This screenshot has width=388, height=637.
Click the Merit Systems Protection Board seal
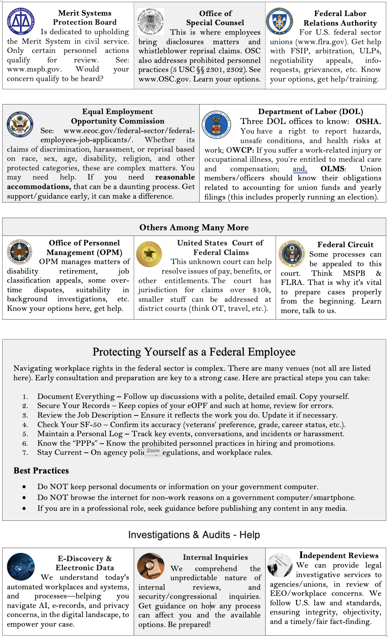coord(21,20)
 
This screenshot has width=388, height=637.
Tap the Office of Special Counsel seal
coord(151,21)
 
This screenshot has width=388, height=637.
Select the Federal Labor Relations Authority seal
coord(280,21)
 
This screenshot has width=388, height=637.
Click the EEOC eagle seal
coord(20,124)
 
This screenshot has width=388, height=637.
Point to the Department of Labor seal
coord(216,124)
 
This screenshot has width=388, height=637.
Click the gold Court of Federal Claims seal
coord(149,254)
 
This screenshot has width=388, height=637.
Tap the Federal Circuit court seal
coord(292,254)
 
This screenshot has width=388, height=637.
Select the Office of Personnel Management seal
coord(20,252)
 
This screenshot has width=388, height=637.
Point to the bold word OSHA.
coord(368,121)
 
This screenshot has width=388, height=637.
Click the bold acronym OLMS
coord(332,169)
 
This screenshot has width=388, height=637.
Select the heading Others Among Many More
coord(194,228)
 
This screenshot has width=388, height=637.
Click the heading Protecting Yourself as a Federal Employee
coord(194,352)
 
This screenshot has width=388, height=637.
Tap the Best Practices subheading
coord(41,470)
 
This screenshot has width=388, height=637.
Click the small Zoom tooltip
coord(153,451)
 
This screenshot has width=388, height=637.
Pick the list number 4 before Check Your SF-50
coord(25,425)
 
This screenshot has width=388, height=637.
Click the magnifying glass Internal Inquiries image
coord(151,566)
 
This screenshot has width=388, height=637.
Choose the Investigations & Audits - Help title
coord(194,535)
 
